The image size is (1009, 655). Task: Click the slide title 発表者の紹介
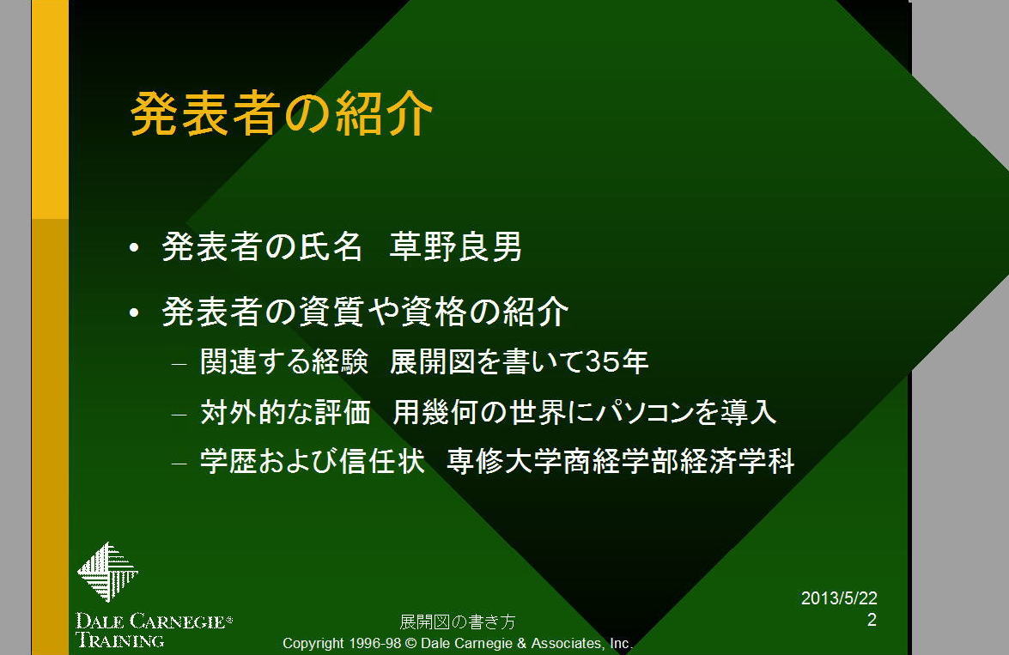(281, 114)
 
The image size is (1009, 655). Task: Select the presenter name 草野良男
(456, 246)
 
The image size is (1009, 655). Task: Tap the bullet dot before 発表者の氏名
(134, 248)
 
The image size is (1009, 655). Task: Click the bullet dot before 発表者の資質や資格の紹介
(134, 312)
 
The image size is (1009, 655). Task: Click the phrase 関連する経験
(283, 361)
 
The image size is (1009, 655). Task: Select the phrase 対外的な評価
(285, 412)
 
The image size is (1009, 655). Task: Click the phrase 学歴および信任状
(312, 461)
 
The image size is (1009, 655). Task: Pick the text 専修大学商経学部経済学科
(621, 461)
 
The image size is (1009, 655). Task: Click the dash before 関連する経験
(179, 364)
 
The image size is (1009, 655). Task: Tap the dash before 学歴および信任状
(179, 464)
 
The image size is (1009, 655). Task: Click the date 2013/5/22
(839, 598)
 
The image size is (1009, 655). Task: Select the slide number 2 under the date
(872, 620)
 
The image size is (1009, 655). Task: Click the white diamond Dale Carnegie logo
(107, 572)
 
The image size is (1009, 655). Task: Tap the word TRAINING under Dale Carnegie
(119, 640)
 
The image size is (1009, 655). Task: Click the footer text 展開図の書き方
(458, 622)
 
